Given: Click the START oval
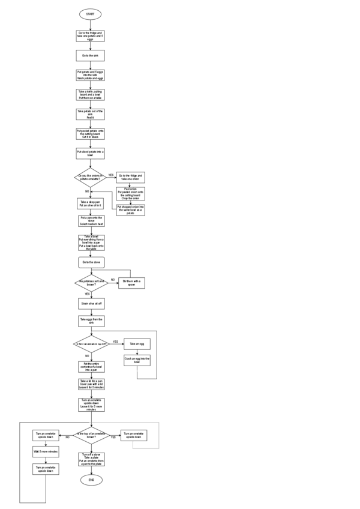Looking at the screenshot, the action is pos(90,14).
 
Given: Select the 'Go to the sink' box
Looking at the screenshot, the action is pos(90,55).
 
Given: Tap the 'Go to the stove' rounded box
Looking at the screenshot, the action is pos(90,262).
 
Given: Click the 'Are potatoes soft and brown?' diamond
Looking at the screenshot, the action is pos(90,282).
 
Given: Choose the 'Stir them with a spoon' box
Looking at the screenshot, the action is pos(134,282).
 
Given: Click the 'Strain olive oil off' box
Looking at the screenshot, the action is pos(90,304).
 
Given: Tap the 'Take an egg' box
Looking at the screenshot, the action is pos(137,344).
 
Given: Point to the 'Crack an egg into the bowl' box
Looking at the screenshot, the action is pos(137,360).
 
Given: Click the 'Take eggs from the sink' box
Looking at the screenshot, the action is pos(90,321).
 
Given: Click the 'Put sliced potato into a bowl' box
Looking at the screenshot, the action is pos(90,154).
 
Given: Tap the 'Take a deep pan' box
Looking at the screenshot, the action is pos(90,203).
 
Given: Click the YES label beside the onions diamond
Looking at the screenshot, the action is pos(110,175).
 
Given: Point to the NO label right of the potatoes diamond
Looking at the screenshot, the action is pos(112,280).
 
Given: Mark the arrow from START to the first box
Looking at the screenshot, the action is pos(90,24).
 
